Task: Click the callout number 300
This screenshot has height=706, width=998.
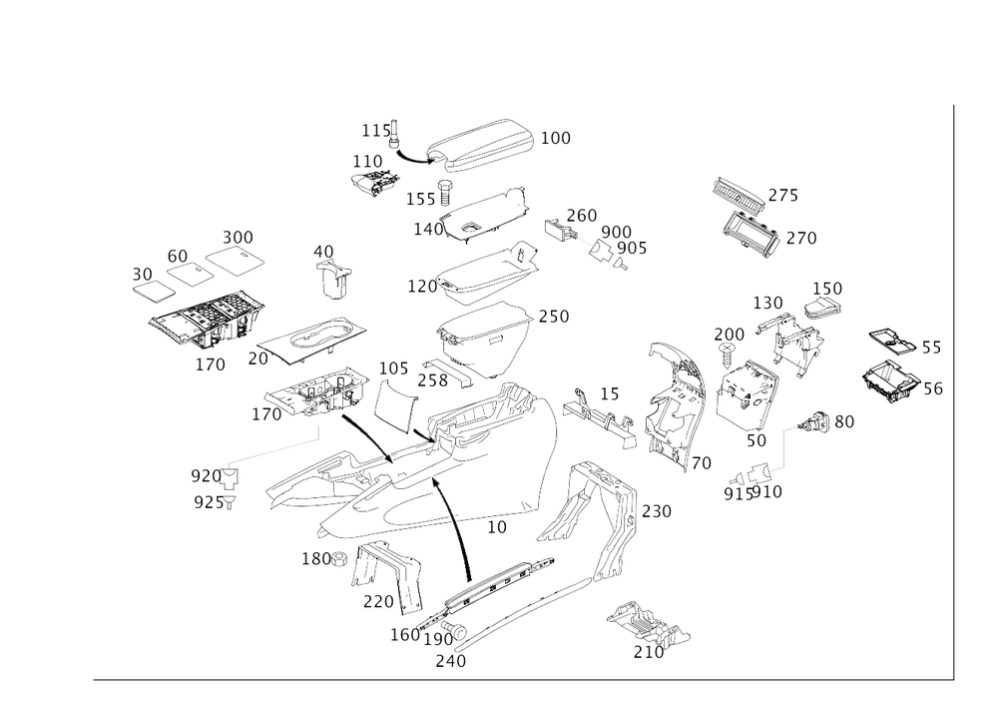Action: tap(239, 236)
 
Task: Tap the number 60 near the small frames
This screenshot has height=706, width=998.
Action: tap(179, 255)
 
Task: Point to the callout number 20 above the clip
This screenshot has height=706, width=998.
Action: tap(323, 250)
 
